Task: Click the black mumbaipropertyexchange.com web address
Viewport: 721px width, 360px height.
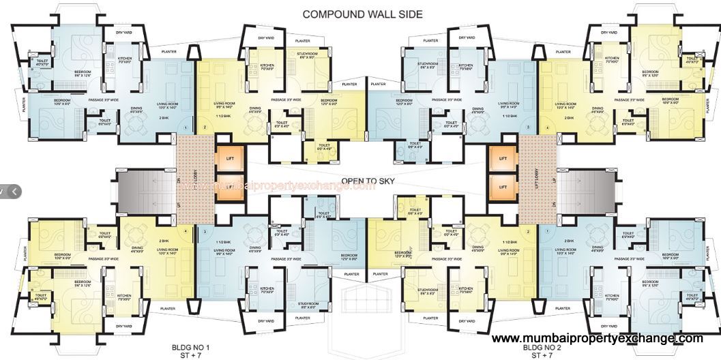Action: click(597, 338)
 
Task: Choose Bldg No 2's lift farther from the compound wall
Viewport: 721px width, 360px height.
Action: click(503, 186)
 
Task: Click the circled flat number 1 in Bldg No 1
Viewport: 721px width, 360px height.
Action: click(186, 127)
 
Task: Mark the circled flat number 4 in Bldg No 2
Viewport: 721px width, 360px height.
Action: click(546, 127)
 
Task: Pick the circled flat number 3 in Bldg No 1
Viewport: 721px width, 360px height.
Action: click(204, 232)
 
